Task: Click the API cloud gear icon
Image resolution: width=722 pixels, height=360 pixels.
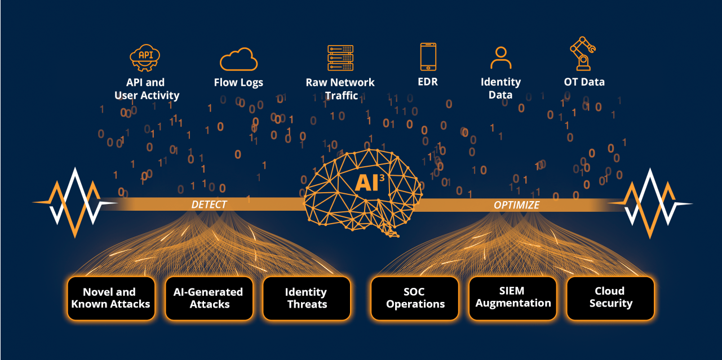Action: click(x=145, y=57)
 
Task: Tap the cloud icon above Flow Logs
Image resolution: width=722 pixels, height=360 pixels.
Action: click(x=238, y=59)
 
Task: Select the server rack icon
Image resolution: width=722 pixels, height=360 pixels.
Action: click(x=340, y=57)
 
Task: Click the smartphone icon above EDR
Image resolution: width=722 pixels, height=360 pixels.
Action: click(x=428, y=57)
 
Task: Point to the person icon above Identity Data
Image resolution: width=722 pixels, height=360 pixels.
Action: click(x=501, y=58)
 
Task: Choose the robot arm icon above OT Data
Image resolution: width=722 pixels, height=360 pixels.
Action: click(x=583, y=54)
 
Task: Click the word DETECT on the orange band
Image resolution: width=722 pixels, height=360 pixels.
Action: click(x=209, y=205)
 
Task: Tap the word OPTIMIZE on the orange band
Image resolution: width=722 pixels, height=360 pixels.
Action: click(x=517, y=205)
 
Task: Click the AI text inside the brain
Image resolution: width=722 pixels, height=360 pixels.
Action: click(x=366, y=183)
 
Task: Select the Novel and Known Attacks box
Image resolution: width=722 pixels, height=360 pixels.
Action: click(x=111, y=298)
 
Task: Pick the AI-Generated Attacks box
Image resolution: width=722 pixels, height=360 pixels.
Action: click(x=209, y=298)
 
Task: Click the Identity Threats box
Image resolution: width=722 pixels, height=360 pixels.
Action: click(x=307, y=298)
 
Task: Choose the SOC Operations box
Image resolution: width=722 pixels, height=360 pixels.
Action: click(x=415, y=298)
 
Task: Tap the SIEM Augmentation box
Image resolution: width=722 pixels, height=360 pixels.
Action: click(x=513, y=298)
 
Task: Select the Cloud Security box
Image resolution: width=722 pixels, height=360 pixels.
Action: click(x=610, y=298)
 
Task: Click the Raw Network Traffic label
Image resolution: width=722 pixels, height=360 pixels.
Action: click(x=340, y=89)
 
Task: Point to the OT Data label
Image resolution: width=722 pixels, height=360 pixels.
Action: click(x=584, y=82)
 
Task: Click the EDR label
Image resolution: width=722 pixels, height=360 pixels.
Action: click(x=428, y=82)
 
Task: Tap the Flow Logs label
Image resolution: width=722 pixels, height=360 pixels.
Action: click(x=238, y=83)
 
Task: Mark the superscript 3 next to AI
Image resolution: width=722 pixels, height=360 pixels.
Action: click(x=382, y=177)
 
